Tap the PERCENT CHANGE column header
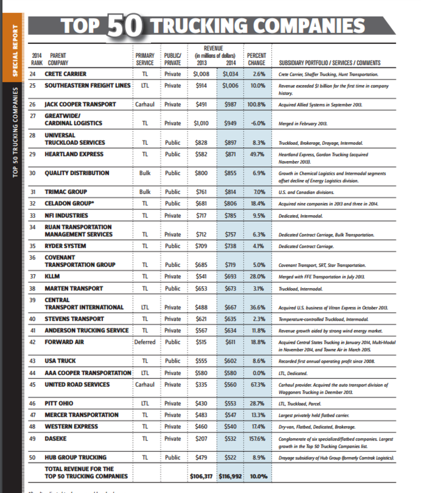(256, 59)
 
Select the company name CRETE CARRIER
(65, 74)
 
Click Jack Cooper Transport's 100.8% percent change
(256, 104)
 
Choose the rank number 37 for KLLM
(32, 277)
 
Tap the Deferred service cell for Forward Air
(144, 342)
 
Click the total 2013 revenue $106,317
(202, 476)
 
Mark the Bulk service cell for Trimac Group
(144, 192)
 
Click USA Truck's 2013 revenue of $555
(202, 361)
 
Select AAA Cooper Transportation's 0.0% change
(258, 373)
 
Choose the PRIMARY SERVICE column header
(144, 59)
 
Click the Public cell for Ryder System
(173, 246)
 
